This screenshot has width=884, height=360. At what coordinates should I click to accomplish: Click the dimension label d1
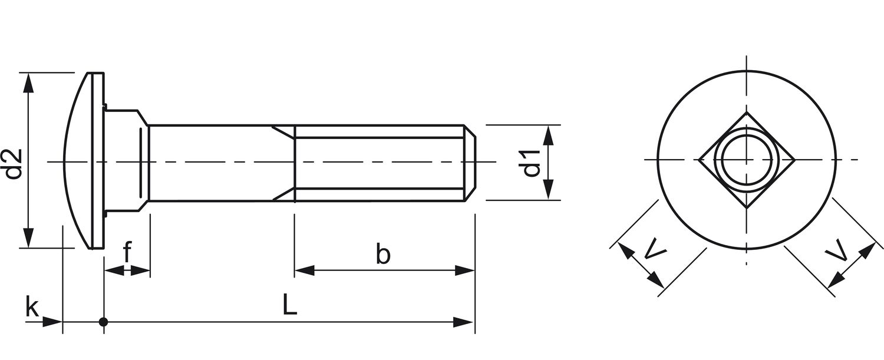click(531, 163)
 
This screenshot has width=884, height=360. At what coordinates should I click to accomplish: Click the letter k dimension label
click(32, 307)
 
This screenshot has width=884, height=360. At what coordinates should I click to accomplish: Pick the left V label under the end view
click(655, 249)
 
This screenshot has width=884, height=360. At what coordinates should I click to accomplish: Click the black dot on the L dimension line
click(104, 322)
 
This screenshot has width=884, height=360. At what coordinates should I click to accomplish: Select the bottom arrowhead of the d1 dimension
click(548, 191)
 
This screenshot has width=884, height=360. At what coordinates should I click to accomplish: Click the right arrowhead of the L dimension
click(466, 322)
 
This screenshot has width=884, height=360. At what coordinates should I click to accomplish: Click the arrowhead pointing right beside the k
click(54, 322)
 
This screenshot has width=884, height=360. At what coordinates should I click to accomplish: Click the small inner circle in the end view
click(747, 160)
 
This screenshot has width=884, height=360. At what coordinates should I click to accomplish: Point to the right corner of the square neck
click(794, 159)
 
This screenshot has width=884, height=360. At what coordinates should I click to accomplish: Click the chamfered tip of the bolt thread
click(471, 163)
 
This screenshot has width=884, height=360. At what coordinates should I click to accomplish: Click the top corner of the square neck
click(747, 113)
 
